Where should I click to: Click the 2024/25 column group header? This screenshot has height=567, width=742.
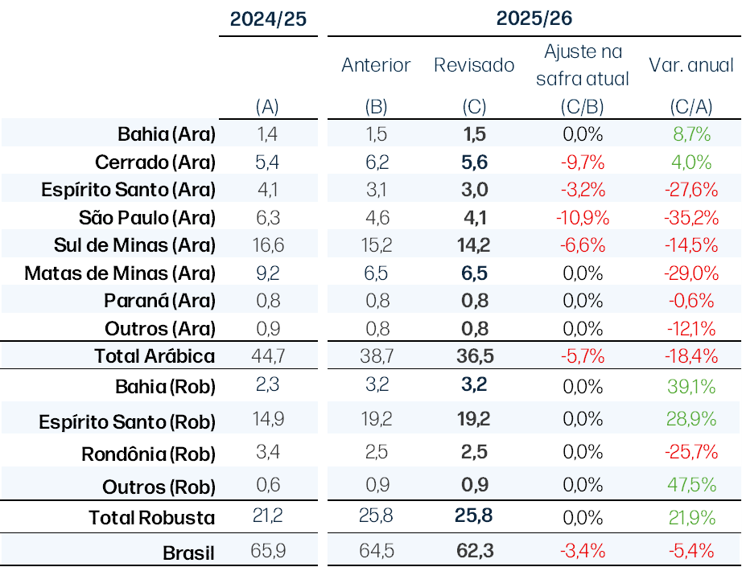tap(268, 19)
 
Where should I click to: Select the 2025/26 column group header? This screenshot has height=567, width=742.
tap(534, 18)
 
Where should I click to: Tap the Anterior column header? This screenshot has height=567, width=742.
tap(376, 65)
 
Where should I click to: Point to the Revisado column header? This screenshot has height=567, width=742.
tap(474, 65)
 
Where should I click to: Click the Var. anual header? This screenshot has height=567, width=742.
tap(691, 65)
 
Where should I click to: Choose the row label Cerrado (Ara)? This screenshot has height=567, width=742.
tap(155, 162)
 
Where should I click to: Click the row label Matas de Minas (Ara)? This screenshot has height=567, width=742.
tap(120, 273)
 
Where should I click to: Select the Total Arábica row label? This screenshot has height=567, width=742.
tap(155, 356)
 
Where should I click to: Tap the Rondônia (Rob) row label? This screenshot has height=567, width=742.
tap(149, 454)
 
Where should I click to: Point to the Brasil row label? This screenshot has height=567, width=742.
tap(189, 553)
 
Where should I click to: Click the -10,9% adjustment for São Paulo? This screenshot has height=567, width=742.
tap(583, 218)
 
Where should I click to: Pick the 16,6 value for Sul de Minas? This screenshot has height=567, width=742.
tap(268, 245)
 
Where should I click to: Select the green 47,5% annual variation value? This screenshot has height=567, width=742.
tap(691, 485)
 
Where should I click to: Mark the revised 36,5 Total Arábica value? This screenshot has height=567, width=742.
tap(475, 356)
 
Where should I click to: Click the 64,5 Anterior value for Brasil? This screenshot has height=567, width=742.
tap(377, 551)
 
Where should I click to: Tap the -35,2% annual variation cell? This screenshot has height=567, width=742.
tap(691, 218)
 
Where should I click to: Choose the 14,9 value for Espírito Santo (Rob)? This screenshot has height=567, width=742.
tap(268, 419)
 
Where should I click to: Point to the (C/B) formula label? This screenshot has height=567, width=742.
tap(583, 107)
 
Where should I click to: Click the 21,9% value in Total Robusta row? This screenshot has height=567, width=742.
tap(691, 518)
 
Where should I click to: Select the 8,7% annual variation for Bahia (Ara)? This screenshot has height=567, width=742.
tap(691, 134)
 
